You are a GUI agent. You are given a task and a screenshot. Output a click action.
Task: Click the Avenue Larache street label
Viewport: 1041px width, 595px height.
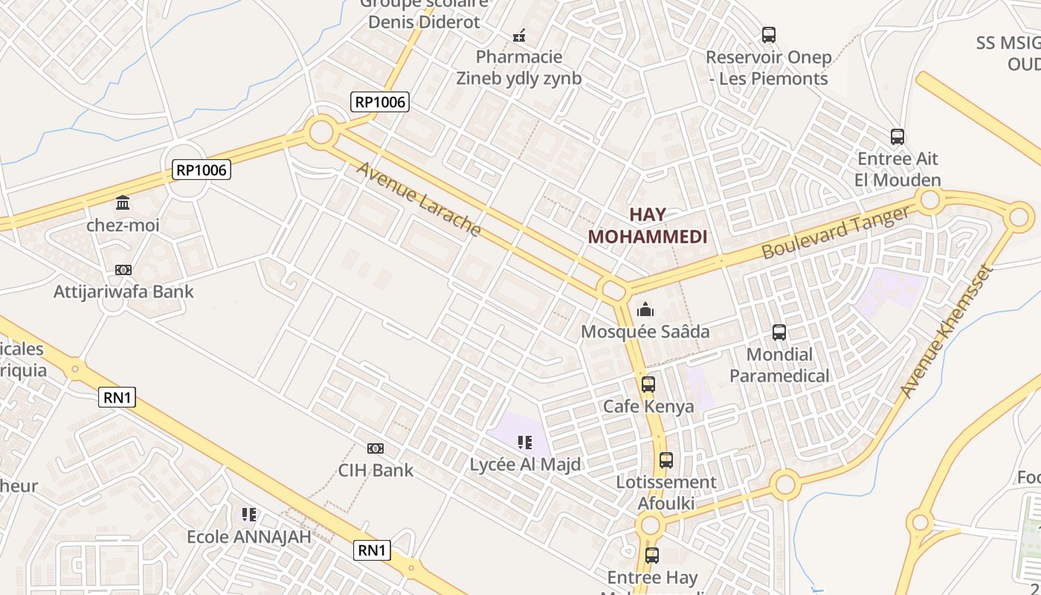(x=419, y=199)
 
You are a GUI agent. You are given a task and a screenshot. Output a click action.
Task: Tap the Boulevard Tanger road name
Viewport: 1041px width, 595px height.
(x=835, y=233)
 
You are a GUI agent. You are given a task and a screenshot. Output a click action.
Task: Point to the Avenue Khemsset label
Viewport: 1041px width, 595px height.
(x=946, y=330)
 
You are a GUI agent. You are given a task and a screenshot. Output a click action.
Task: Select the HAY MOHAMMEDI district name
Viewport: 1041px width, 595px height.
(x=648, y=225)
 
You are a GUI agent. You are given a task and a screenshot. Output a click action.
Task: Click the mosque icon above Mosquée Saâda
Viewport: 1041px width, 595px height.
(x=645, y=309)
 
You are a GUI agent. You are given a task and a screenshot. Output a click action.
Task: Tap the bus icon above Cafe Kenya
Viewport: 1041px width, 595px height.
(x=648, y=385)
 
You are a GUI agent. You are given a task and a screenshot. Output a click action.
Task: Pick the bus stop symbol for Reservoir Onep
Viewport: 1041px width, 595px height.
(x=769, y=35)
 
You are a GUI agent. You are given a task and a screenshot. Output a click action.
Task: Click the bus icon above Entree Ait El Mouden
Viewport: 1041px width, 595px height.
(x=897, y=137)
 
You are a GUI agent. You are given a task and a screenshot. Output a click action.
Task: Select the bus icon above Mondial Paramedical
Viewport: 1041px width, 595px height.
(x=779, y=332)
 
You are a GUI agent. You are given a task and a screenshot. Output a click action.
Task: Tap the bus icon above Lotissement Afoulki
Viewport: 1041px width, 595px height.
(x=666, y=460)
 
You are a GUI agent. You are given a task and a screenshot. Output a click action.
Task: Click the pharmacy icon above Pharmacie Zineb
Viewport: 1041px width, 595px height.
(x=520, y=35)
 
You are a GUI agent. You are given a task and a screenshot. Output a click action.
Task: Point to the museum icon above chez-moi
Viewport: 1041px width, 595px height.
(x=123, y=202)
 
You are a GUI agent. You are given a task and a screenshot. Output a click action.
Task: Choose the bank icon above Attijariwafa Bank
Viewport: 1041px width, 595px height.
(x=123, y=269)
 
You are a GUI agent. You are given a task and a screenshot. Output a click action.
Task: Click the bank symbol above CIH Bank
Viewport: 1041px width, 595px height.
(x=376, y=448)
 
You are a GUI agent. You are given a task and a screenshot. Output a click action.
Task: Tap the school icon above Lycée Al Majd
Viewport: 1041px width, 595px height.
(x=525, y=443)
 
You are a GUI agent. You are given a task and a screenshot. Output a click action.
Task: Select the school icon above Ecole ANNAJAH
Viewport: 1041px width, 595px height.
(x=249, y=514)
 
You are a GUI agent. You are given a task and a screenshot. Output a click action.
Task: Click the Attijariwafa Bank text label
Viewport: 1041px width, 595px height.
(x=123, y=292)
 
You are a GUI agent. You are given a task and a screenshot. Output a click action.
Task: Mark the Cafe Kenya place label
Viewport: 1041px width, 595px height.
(x=648, y=406)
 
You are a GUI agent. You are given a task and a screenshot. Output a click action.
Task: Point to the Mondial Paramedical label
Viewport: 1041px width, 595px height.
(x=779, y=364)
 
